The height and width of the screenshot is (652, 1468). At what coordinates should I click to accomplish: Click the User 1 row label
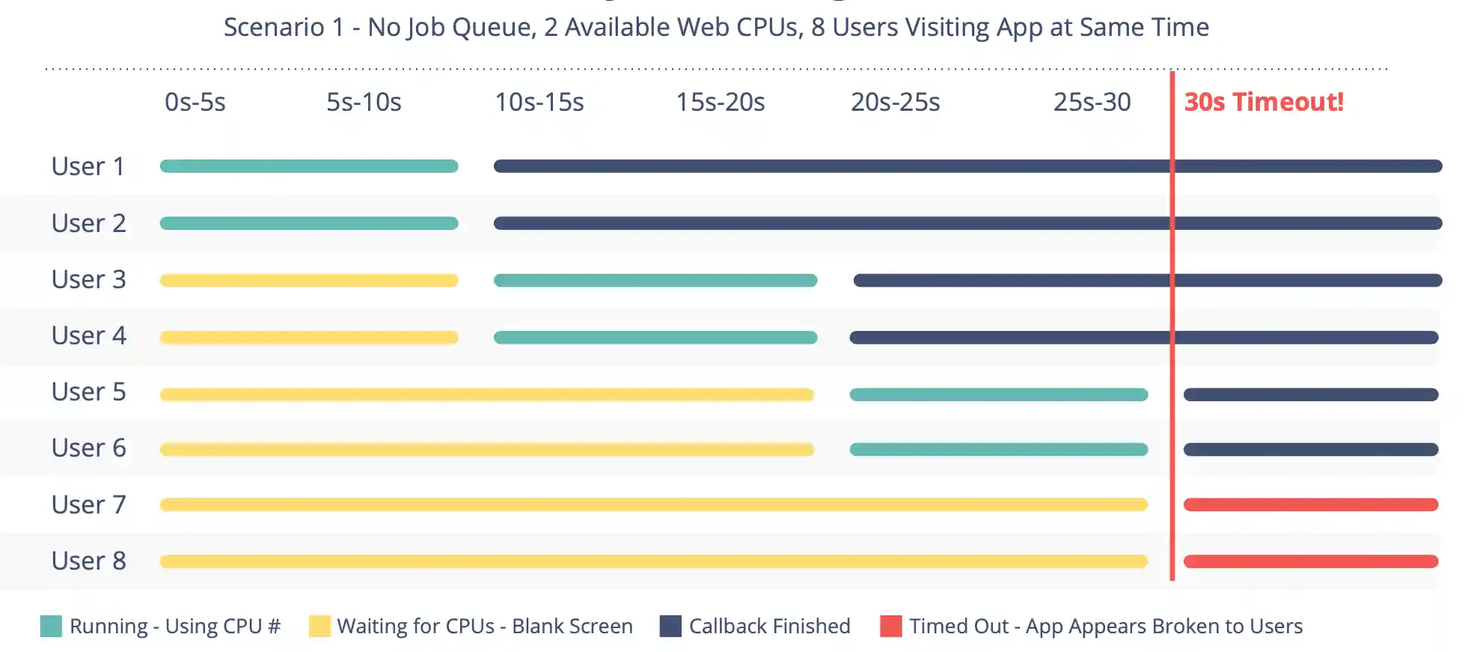[x=88, y=166]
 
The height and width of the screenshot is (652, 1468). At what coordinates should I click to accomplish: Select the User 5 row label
[x=88, y=391]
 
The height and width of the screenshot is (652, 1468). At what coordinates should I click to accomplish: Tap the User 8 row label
[x=88, y=561]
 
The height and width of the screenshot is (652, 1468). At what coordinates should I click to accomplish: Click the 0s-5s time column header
[x=195, y=102]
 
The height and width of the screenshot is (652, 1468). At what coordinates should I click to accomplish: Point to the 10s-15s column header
[x=539, y=102]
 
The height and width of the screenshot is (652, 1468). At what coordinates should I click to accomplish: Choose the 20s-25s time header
[x=895, y=102]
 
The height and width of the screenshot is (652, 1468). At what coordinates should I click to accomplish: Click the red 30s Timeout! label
[x=1263, y=102]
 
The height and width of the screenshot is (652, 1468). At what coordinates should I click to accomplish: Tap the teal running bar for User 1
[x=308, y=166]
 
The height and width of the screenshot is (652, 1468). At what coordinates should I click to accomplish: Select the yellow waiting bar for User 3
[x=308, y=281]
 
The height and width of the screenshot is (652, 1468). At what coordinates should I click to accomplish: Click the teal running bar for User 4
[x=655, y=338]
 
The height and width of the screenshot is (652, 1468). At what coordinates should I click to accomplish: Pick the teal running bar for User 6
[x=998, y=450]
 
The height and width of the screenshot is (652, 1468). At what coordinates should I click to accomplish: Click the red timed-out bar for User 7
[x=1310, y=505]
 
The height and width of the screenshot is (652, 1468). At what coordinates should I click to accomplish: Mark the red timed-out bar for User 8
[x=1310, y=561]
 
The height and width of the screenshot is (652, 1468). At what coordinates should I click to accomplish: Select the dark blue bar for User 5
[x=1310, y=394]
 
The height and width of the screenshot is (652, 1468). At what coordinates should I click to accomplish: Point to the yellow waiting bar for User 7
[x=653, y=505]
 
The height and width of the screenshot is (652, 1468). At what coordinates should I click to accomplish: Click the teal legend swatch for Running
[x=51, y=626]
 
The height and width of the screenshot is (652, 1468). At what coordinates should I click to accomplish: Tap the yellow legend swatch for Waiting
[x=319, y=626]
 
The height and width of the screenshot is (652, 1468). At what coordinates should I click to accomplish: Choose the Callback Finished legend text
[x=769, y=626]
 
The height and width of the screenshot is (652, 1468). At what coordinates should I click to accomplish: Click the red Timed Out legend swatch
[x=890, y=626]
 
